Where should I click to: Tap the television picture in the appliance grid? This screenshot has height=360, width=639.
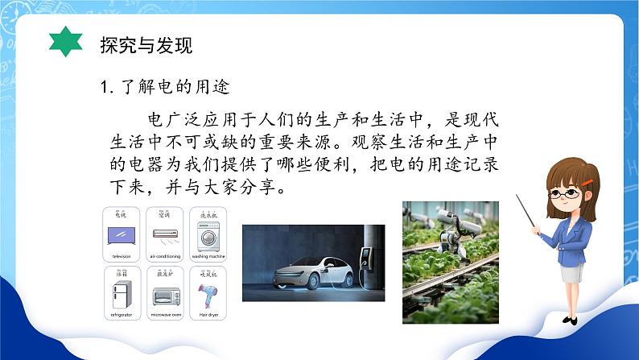point(122,234)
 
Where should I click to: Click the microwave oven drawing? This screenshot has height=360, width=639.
point(165,295)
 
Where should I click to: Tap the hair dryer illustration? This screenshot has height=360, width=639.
point(207,295)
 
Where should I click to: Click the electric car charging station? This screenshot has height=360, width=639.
point(367,258)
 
